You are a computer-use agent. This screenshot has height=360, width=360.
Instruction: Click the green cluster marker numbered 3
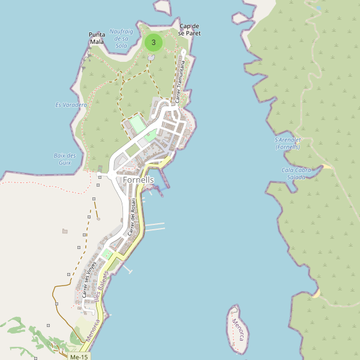click(154, 43)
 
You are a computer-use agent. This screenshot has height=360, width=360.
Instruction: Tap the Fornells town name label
click(139, 180)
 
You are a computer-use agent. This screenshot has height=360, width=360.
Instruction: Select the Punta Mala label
click(97, 38)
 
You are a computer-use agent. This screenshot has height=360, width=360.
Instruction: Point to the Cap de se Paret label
click(190, 29)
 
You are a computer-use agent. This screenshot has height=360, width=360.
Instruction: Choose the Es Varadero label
click(71, 105)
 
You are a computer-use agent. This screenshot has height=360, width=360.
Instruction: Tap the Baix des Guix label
click(65, 159)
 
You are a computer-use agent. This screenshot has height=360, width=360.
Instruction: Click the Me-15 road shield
click(79, 357)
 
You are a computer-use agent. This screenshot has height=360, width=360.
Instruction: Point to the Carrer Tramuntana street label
click(179, 84)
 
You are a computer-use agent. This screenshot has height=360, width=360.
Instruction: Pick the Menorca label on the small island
click(238, 330)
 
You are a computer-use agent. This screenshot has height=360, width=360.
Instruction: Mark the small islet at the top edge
click(162, 5)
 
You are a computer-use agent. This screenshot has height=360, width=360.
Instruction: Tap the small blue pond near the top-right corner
click(317, 8)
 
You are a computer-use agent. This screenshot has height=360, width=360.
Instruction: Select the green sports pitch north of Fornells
click(137, 125)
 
